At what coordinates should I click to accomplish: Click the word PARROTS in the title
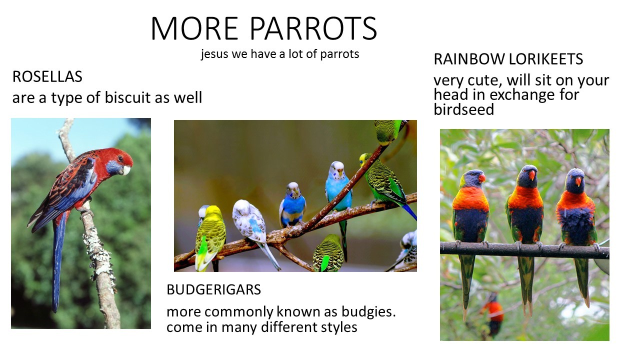(x=313, y=28)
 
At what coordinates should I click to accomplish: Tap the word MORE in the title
(x=194, y=28)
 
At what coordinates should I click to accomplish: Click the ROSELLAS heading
(x=47, y=76)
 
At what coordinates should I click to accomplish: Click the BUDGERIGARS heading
(x=213, y=289)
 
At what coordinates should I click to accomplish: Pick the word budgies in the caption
(x=368, y=311)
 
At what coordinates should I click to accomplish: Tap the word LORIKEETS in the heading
(x=545, y=59)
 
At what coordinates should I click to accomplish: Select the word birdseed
(x=463, y=109)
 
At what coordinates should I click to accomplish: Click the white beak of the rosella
(x=126, y=170)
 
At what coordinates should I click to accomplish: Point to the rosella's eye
(x=120, y=158)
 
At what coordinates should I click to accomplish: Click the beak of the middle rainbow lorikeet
(x=531, y=175)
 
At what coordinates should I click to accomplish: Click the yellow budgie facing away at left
(x=210, y=237)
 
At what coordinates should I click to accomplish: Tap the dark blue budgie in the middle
(x=292, y=205)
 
